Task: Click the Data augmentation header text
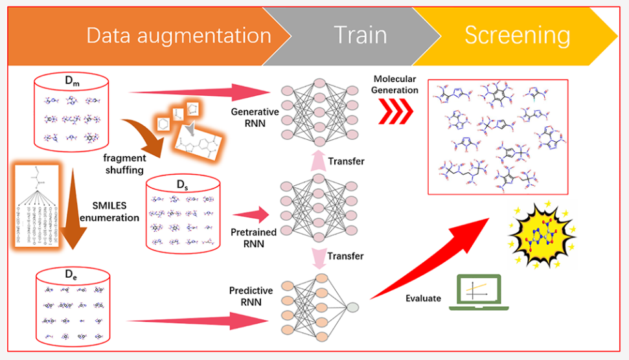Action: [179, 35]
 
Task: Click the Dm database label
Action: [73, 82]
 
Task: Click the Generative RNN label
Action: [255, 117]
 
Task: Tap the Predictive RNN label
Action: [251, 296]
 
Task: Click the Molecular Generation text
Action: [396, 85]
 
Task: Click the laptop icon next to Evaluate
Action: [479, 291]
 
